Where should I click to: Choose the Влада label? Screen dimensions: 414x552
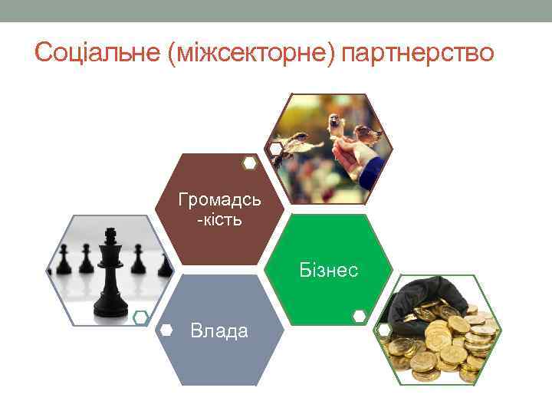219,331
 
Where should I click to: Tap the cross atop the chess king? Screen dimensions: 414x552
110,232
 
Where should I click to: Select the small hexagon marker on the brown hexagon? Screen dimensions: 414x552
249,163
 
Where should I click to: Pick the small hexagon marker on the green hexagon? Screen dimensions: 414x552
359,315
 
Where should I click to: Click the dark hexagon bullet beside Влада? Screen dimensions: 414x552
166,330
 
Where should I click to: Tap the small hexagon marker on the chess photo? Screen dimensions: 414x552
140,317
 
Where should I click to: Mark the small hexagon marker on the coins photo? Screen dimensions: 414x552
383,330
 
